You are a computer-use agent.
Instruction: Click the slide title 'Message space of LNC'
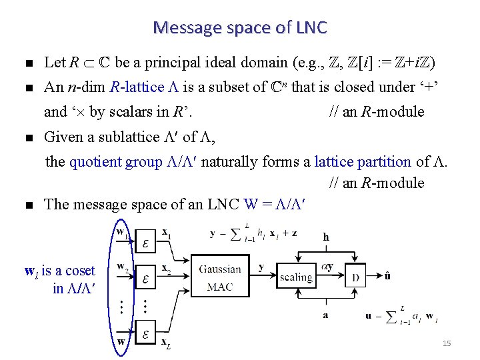pyautogui.click(x=240, y=27)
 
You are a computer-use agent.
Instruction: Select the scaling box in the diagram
pyautogui.click(x=295, y=277)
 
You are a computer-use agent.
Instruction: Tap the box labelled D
pyautogui.click(x=355, y=277)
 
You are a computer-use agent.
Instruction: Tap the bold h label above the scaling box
pyautogui.click(x=325, y=237)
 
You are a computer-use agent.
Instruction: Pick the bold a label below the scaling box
pyautogui.click(x=325, y=315)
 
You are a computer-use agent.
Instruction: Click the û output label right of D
pyautogui.click(x=389, y=274)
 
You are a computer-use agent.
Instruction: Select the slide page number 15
pyautogui.click(x=447, y=343)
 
